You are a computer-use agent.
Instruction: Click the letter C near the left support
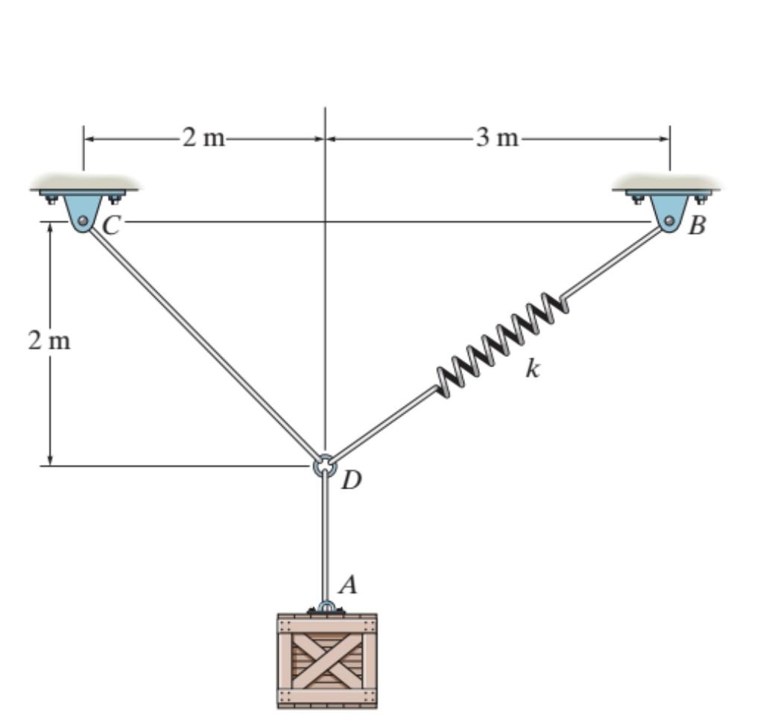[x=111, y=225]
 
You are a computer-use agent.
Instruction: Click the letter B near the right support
[x=696, y=225]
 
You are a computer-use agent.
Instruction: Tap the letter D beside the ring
[x=351, y=481]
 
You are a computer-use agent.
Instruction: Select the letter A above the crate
[x=347, y=586]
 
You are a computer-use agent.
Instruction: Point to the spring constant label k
[x=531, y=368]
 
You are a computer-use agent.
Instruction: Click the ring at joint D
[x=325, y=466]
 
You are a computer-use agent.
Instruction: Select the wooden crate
[x=326, y=660]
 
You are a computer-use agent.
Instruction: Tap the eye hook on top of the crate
[x=326, y=606]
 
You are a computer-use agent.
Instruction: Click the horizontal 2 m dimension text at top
[x=203, y=139]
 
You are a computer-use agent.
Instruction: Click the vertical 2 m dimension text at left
[x=49, y=341]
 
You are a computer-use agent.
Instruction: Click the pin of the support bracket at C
[x=83, y=220]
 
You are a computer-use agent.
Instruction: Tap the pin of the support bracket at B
[x=669, y=220]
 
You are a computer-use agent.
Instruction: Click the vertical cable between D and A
[x=325, y=536]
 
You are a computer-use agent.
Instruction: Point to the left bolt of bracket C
[x=51, y=199]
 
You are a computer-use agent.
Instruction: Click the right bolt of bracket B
[x=701, y=199]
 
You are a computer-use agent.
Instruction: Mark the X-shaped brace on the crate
[x=326, y=660]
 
